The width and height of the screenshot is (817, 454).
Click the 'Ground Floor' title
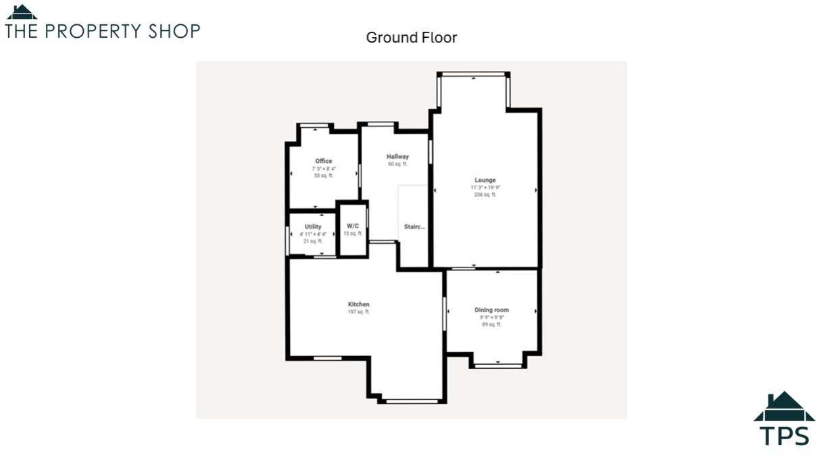click(x=411, y=38)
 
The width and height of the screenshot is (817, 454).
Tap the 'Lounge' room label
click(x=485, y=180)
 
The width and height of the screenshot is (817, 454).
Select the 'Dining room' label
click(x=491, y=310)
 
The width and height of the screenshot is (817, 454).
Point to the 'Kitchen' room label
click(x=359, y=305)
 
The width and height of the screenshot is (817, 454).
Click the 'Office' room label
click(x=324, y=161)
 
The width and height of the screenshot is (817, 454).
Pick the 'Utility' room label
click(x=313, y=227)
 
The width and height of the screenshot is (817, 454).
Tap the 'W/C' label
click(x=353, y=226)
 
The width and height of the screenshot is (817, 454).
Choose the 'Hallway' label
click(x=397, y=157)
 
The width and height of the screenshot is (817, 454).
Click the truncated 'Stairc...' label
click(x=415, y=227)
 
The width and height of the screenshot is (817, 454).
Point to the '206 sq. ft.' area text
click(x=485, y=195)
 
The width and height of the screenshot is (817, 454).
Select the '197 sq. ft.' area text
click(x=359, y=312)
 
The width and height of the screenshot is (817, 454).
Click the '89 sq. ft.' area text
click(x=491, y=324)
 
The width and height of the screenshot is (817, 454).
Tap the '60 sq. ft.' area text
click(x=397, y=164)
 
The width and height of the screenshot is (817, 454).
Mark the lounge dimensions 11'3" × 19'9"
click(x=485, y=188)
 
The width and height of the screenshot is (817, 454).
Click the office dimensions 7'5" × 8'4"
click(x=324, y=168)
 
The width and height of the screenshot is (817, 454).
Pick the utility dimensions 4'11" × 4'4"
click(x=313, y=234)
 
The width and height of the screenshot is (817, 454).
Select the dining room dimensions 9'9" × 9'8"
click(x=491, y=318)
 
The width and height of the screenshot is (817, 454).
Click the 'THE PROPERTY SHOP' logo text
click(x=103, y=31)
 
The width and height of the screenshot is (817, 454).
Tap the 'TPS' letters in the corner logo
click(x=784, y=436)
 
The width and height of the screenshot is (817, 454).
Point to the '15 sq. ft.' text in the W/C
click(x=353, y=234)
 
